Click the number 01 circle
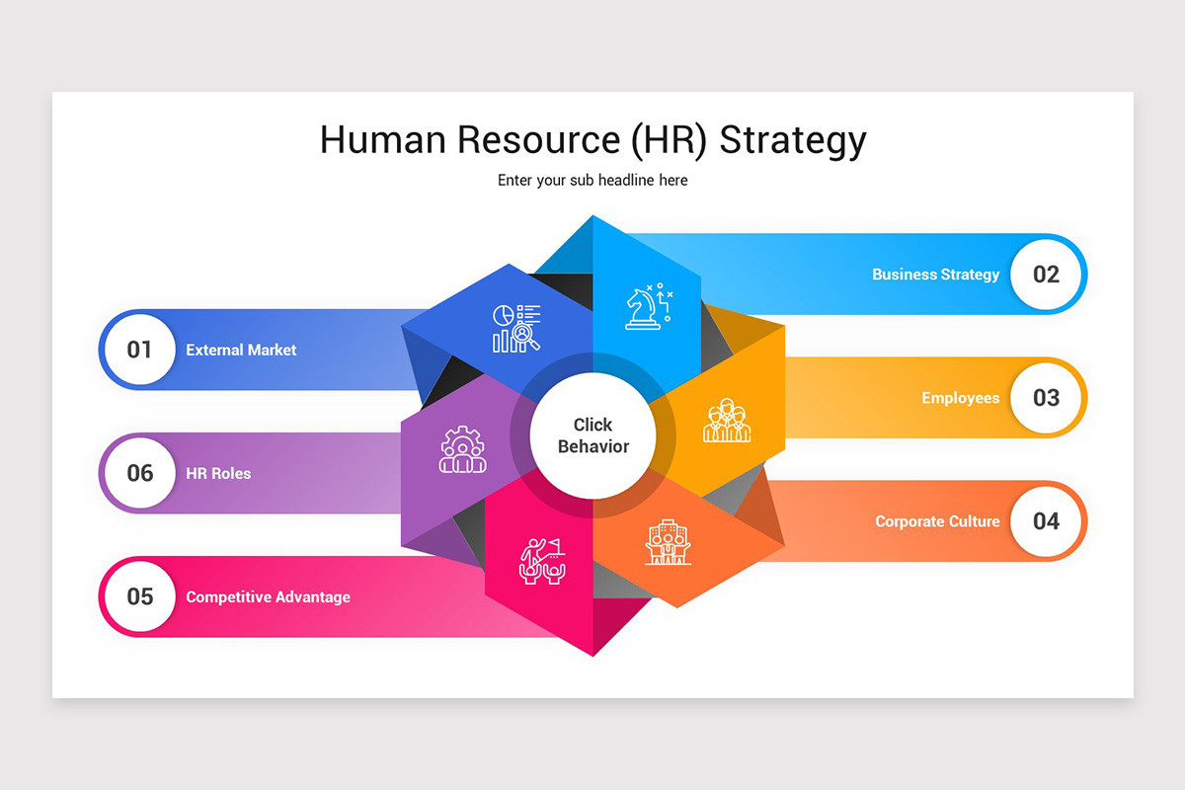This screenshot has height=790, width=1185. pos(140,350)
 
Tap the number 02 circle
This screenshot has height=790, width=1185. pos(1046,275)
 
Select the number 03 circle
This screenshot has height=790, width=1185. pos(1046,398)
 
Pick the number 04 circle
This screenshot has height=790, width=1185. pos(1046,521)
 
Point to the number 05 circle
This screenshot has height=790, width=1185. pos(140,596)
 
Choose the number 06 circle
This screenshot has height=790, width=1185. pos(140,473)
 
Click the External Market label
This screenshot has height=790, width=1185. pos(241,350)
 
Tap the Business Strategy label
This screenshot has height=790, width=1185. pos(935,275)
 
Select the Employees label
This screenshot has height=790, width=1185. pos(960,398)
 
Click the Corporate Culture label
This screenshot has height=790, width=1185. pos(937,521)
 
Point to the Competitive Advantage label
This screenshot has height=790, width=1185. pos(268,596)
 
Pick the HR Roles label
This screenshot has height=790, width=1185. pos(218,473)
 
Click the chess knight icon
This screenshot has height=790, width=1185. pos(649,307)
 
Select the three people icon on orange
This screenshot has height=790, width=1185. pos(727,421)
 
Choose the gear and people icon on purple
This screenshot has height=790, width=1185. pos(462,449)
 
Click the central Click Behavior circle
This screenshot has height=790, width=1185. pos(592,435)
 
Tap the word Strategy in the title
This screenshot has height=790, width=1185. pos(792,140)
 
